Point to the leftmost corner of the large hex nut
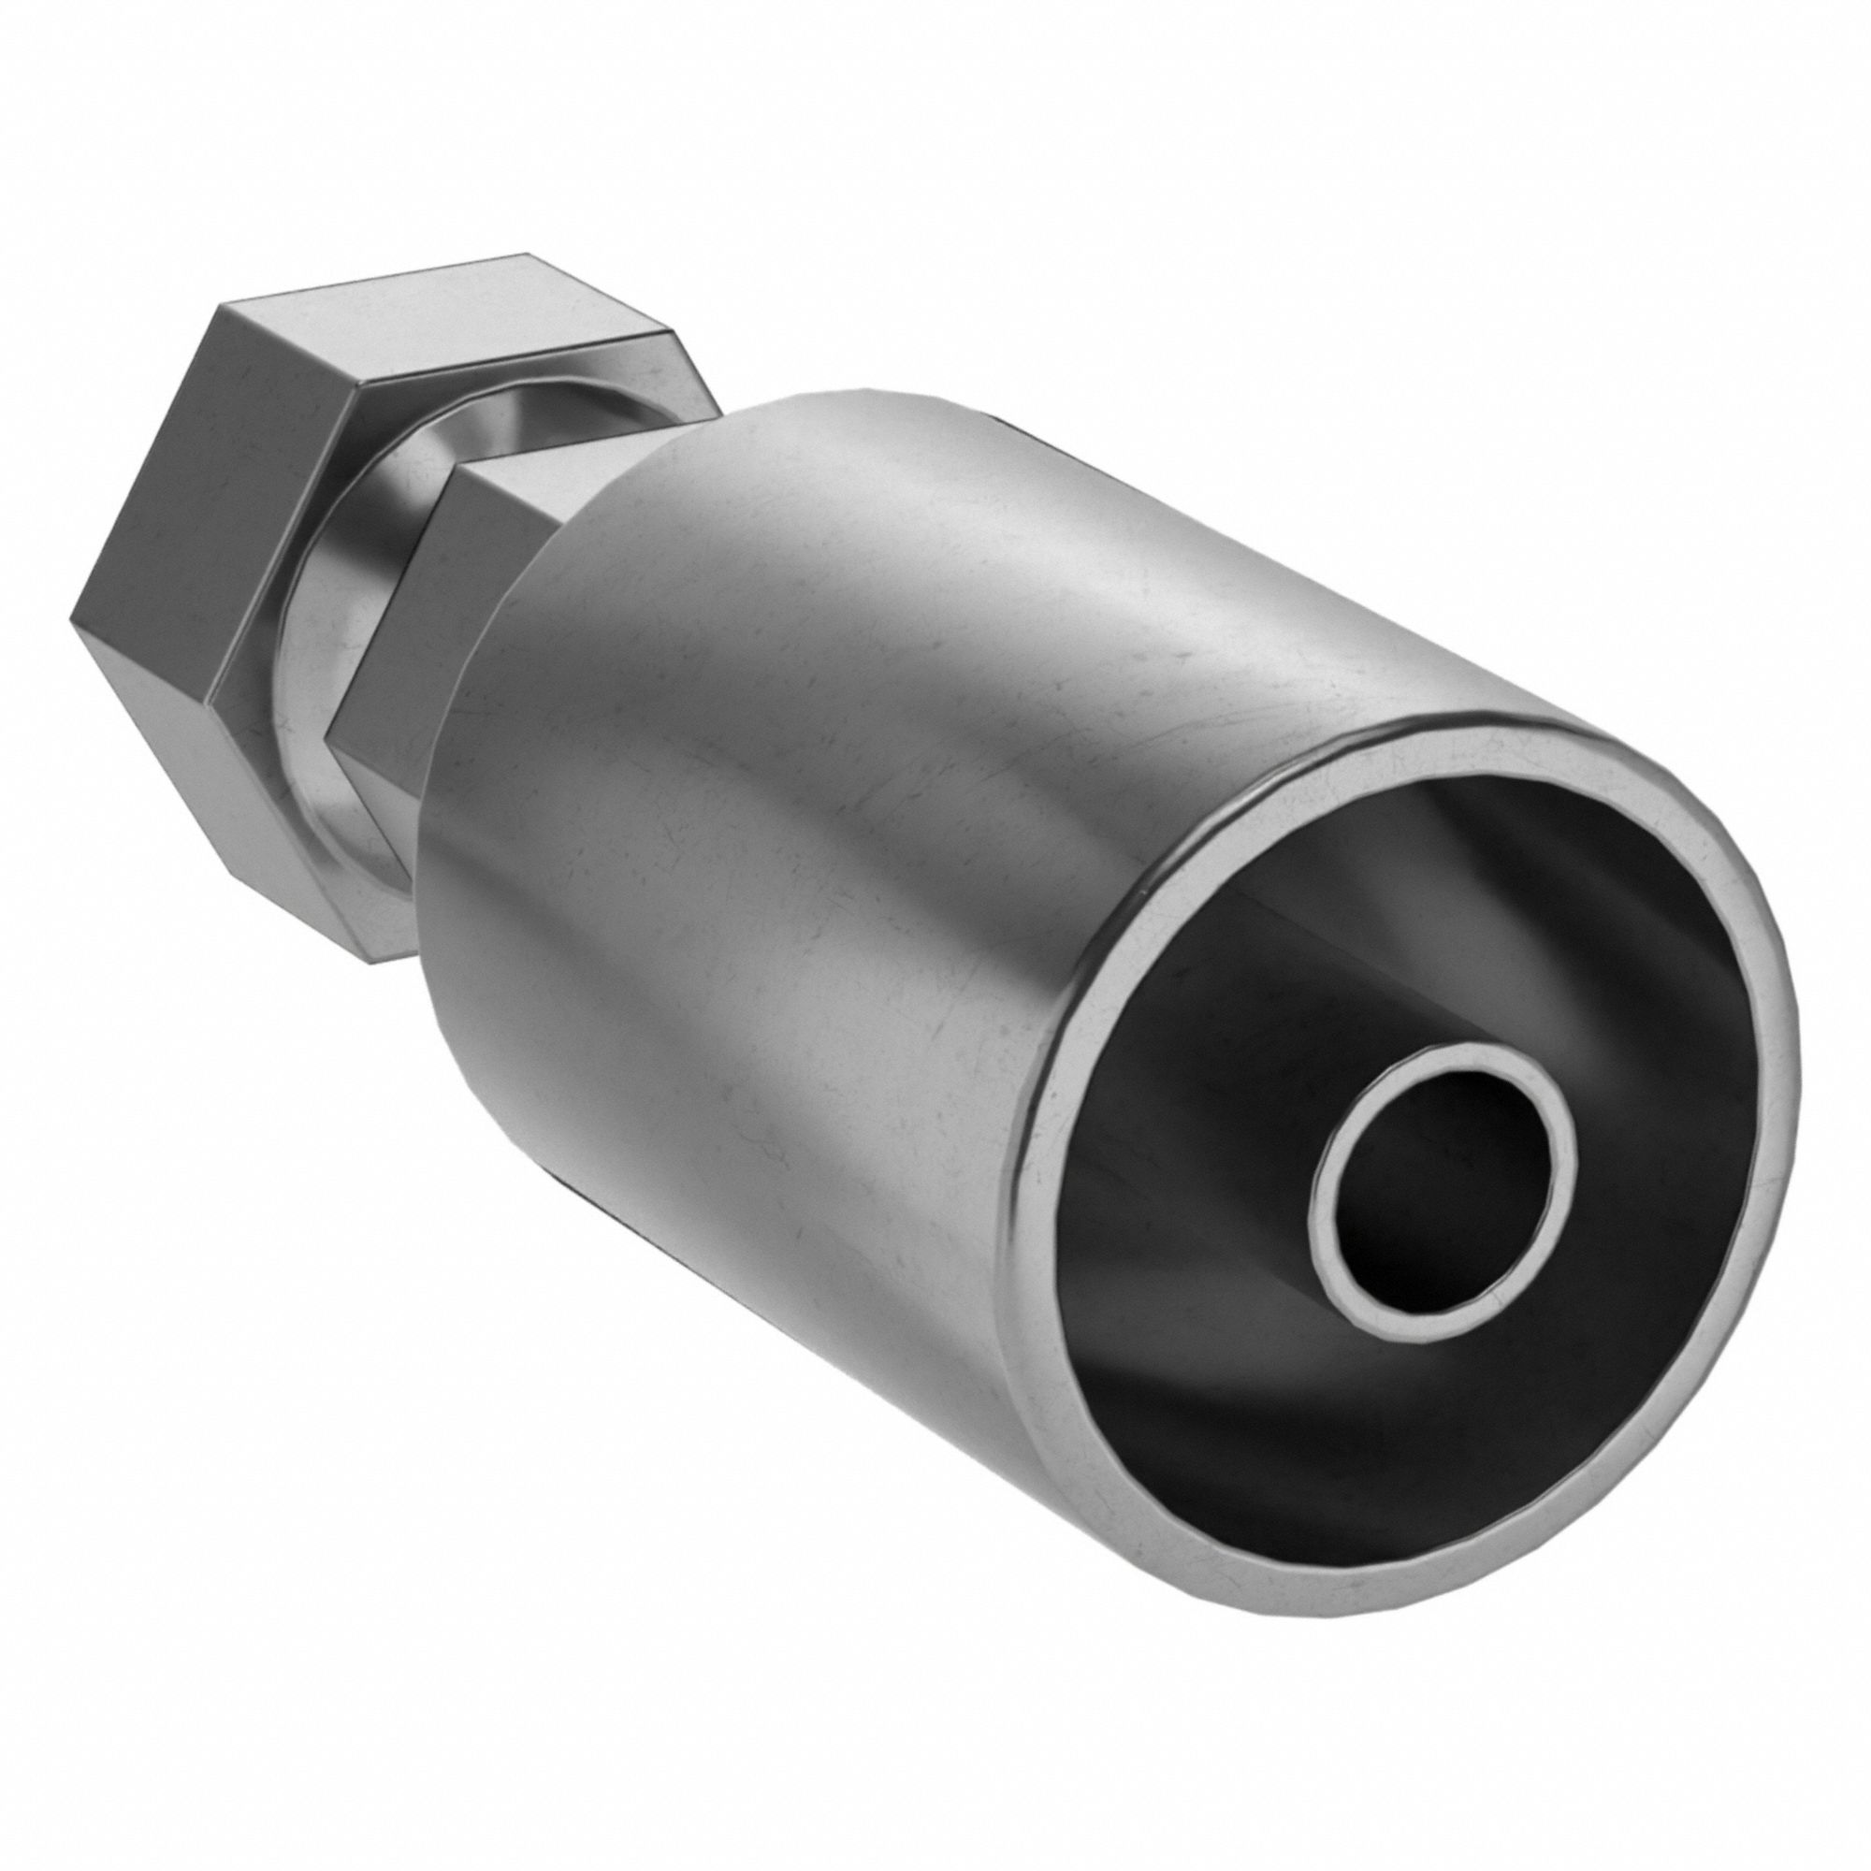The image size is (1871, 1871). pos(73,615)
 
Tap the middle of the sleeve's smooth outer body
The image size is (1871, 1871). pos(872,872)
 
